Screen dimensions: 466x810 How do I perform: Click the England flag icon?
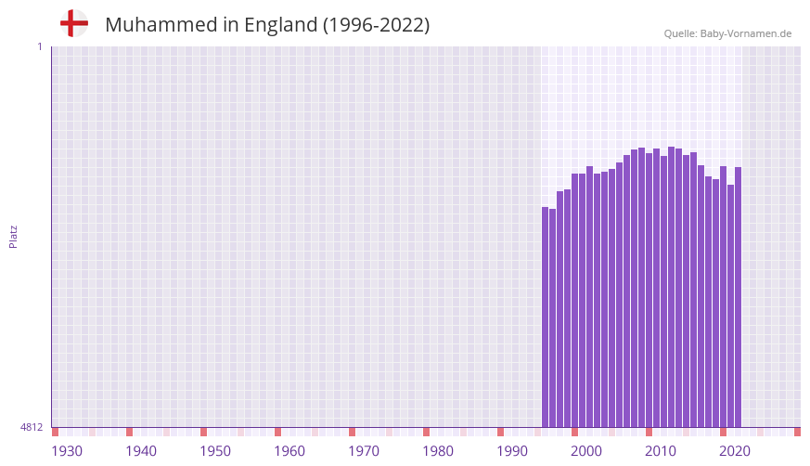coord(74,23)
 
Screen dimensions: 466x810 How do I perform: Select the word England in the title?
coord(280,25)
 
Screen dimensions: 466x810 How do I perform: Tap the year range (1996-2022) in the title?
coord(376,25)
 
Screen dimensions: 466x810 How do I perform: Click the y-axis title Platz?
coord(13,236)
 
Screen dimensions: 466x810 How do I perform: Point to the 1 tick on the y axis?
coord(39,46)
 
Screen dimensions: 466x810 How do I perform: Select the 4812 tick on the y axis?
coord(32,428)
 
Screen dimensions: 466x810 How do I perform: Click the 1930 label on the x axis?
coord(67,451)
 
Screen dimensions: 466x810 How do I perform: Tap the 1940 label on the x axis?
coord(141,451)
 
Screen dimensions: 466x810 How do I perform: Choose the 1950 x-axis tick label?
coord(215,451)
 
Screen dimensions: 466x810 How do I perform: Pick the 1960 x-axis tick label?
coord(289,451)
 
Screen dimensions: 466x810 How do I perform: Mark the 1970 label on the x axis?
coord(364,451)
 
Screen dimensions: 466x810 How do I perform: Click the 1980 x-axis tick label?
coord(438,451)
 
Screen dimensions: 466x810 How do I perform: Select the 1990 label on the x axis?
coord(512,451)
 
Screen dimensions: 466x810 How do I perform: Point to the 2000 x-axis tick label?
coord(586,451)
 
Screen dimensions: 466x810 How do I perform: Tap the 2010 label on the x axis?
coord(661,451)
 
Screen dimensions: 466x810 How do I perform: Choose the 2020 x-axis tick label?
coord(735,451)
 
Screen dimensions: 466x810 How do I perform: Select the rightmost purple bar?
coord(739,297)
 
